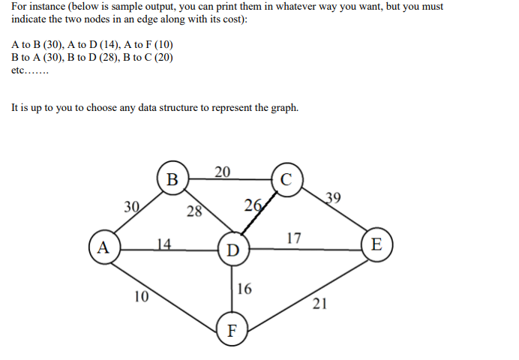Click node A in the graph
[103, 246]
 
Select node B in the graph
[172, 179]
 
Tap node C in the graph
[286, 178]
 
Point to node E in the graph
[376, 244]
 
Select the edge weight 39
[334, 198]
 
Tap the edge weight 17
[294, 238]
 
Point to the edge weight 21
[319, 303]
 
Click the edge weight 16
[244, 288]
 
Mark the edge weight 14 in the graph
[165, 243]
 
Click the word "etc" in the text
[19, 70]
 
